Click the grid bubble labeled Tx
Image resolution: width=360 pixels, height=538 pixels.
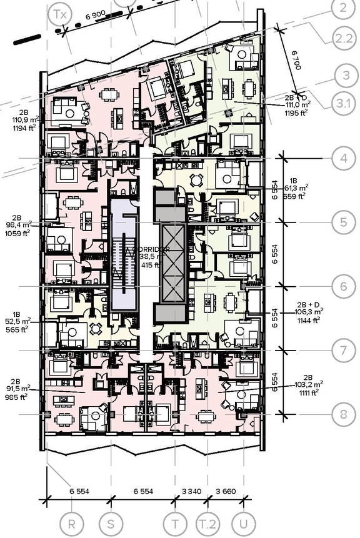60,13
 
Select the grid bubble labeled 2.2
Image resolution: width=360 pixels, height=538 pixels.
344,38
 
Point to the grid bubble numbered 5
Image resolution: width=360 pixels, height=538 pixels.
344,222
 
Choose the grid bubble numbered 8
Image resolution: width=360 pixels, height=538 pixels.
344,414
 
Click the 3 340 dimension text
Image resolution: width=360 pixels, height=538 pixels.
190,491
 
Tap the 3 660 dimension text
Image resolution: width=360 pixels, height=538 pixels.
225,491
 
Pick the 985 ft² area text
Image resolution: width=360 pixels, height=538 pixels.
16,397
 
